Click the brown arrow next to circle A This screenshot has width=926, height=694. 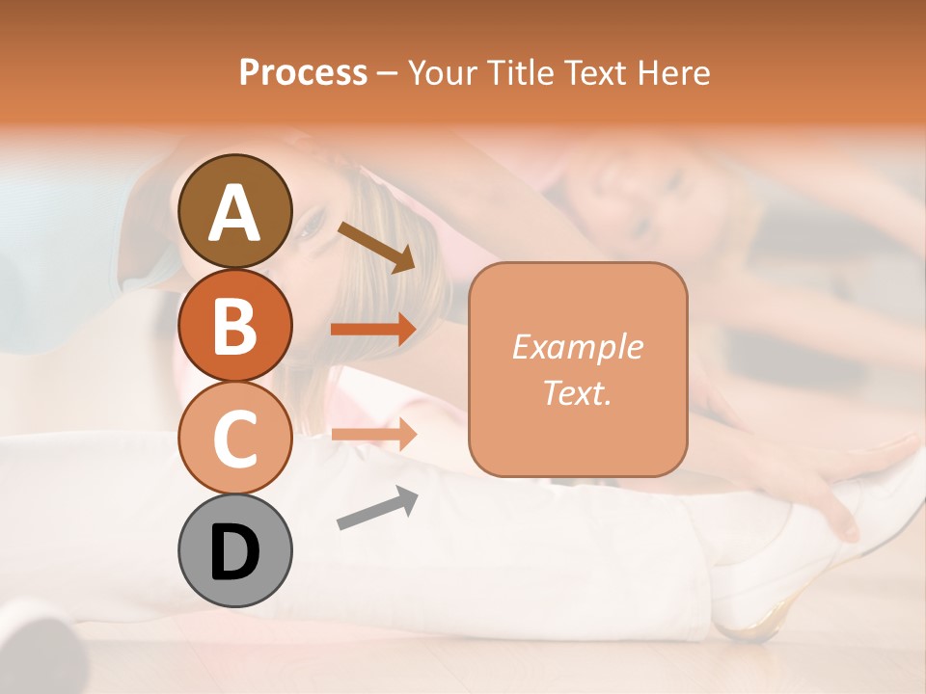pyautogui.click(x=376, y=247)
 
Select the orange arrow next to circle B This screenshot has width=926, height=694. pyautogui.click(x=373, y=330)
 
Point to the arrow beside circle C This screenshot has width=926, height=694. pyautogui.click(x=373, y=434)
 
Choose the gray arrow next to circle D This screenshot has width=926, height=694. pyautogui.click(x=377, y=508)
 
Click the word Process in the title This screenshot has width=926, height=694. pyautogui.click(x=303, y=72)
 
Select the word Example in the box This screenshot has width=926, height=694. pyautogui.click(x=577, y=346)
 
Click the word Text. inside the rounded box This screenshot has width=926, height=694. pyautogui.click(x=577, y=392)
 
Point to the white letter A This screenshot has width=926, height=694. pyautogui.click(x=234, y=213)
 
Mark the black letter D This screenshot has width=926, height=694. pyautogui.click(x=234, y=552)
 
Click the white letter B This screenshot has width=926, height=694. pyautogui.click(x=234, y=326)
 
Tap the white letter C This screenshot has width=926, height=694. pyautogui.click(x=234, y=439)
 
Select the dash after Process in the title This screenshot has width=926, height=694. pyautogui.click(x=387, y=73)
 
